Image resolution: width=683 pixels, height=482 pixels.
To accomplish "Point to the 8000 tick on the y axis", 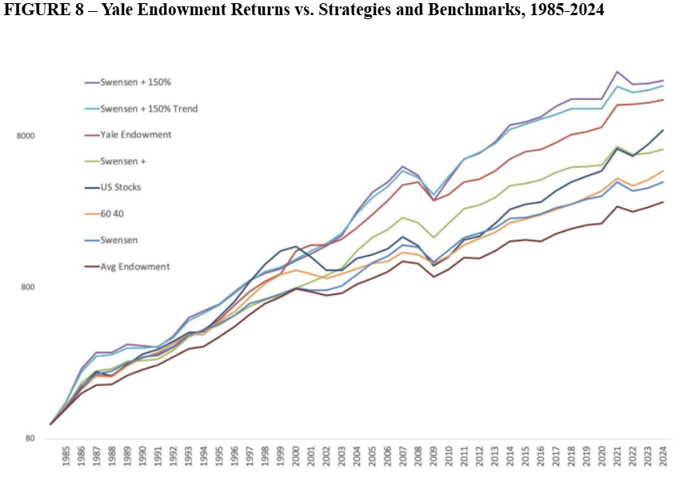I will [26, 136].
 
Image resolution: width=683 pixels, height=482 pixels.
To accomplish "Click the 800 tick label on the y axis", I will [28, 288].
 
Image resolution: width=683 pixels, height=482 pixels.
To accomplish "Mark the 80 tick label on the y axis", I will [30, 439].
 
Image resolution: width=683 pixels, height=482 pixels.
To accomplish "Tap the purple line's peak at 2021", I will [617, 71].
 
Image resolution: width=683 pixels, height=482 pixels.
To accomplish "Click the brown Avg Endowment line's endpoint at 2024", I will [663, 201].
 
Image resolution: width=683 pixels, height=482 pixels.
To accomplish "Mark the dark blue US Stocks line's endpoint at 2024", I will [663, 129].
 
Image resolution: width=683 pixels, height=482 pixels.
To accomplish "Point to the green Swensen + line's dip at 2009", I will [433, 237].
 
